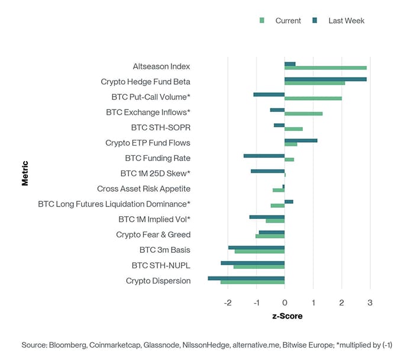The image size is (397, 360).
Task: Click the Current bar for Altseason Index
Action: point(325,68)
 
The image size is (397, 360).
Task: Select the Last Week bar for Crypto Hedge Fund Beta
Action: point(325,79)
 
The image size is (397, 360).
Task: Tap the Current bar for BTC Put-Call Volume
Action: point(313,98)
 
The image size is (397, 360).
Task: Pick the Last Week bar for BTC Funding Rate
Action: point(264,156)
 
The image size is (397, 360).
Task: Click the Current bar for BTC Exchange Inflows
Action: point(304,114)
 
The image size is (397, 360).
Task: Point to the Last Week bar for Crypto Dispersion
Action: point(246,278)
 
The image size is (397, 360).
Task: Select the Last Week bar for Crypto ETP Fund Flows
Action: point(301,140)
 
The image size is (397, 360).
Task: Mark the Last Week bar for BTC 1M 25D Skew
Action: point(267,171)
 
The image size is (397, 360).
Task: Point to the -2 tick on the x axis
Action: point(228,303)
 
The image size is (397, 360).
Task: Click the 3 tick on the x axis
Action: point(370,303)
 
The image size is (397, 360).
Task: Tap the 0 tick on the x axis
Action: point(285,303)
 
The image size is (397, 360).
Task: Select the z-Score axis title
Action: point(287,316)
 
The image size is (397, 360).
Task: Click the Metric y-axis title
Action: point(25,173)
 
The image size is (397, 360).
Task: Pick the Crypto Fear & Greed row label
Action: point(153,235)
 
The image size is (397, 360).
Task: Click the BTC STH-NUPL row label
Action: point(161,265)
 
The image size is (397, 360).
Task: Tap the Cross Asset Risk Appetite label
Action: point(144,189)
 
